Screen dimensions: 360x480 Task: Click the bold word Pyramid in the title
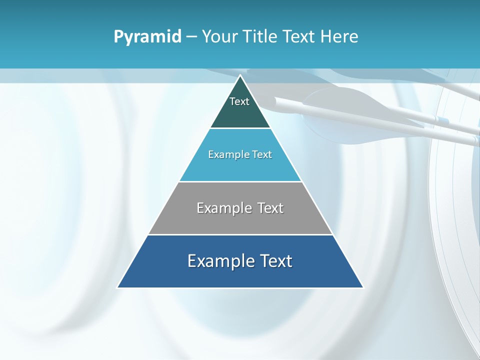click(147, 36)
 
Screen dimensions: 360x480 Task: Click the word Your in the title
click(219, 36)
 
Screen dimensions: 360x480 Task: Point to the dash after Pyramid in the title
click(191, 37)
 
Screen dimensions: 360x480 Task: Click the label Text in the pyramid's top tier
click(239, 101)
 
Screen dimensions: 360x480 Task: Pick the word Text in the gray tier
click(270, 208)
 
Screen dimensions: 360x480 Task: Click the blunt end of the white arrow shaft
click(276, 100)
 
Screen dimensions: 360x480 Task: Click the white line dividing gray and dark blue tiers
click(240, 234)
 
